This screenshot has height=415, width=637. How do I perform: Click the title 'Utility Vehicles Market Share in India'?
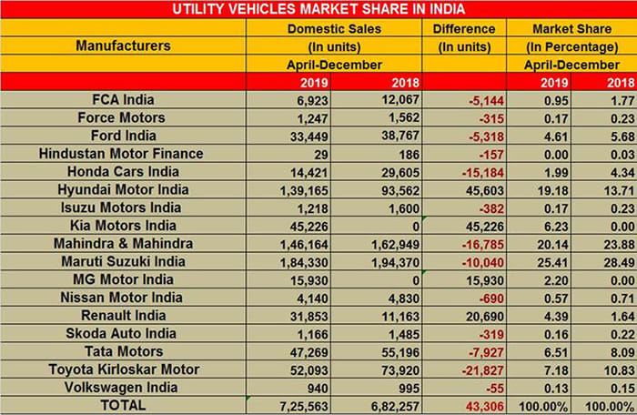point(318,10)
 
